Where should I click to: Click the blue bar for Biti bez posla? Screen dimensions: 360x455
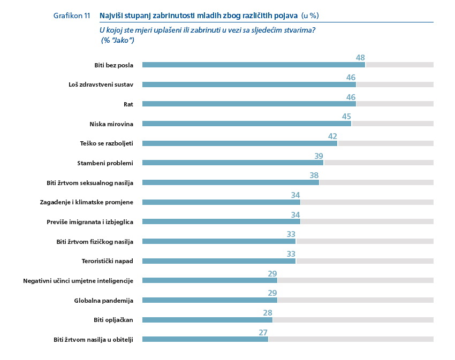click(254, 65)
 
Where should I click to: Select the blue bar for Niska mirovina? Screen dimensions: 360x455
click(247, 124)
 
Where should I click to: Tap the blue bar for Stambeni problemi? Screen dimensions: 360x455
click(233, 163)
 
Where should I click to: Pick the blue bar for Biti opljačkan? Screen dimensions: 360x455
click(207, 320)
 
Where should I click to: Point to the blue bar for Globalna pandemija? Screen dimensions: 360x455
click(210, 300)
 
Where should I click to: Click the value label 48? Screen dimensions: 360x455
click(360, 57)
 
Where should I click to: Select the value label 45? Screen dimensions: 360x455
click(346, 116)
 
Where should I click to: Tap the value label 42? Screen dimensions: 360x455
click(332, 136)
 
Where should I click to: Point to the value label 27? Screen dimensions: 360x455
click(263, 332)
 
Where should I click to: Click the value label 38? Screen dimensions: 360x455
click(314, 175)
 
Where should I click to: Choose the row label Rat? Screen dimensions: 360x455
click(128, 104)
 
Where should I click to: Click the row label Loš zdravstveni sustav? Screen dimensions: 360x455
click(101, 85)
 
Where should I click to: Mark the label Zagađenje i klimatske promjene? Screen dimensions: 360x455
click(86, 202)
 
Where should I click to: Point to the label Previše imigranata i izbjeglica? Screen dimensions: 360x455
click(90, 221)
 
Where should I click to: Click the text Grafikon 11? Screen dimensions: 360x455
click(72, 16)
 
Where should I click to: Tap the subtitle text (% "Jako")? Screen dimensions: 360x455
click(117, 40)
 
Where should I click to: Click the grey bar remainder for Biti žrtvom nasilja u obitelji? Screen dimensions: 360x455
click(351, 340)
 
